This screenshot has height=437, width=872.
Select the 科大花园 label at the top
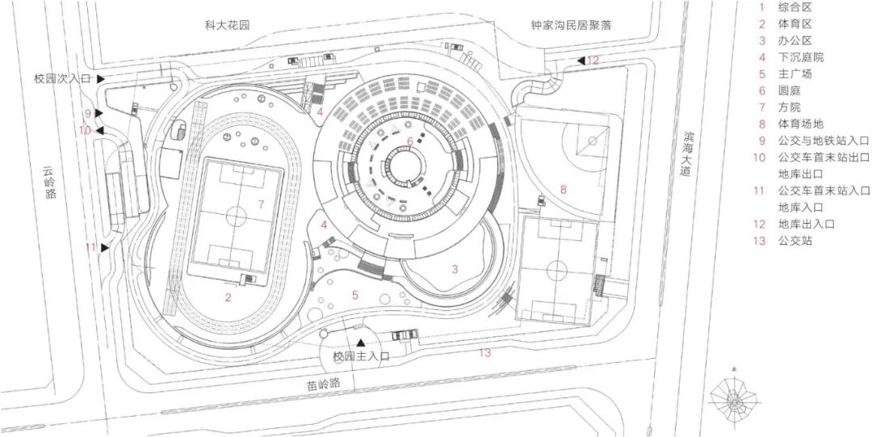coord(228,25)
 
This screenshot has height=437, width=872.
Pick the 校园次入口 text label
coord(61,79)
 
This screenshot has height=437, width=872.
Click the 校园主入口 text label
coord(361,355)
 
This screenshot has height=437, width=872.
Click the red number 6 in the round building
coord(410,142)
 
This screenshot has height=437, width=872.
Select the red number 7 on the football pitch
coord(261,204)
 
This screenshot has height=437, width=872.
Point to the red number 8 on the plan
coord(564,189)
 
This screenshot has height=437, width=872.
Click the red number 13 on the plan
coord(484,352)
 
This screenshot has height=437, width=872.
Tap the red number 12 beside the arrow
coord(593,61)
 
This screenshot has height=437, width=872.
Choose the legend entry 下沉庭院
coord(800,57)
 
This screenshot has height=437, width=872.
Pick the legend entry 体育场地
coord(800,124)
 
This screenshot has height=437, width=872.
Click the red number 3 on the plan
coord(455,269)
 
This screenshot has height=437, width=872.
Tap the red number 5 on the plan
coord(354,295)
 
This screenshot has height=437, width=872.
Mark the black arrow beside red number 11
coord(105,248)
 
